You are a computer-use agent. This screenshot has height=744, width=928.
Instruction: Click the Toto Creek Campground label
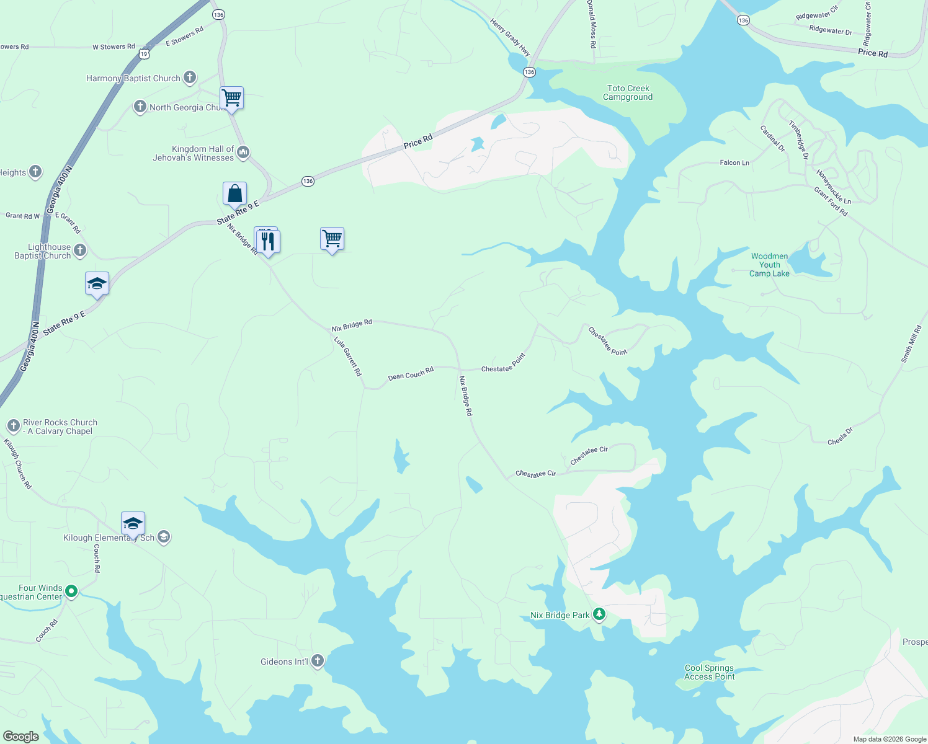click(x=628, y=93)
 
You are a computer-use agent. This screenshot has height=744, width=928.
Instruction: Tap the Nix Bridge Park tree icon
click(x=599, y=614)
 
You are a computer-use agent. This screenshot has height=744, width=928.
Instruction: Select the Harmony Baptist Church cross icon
click(x=190, y=78)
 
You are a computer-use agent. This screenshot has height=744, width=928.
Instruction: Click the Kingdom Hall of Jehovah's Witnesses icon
click(x=243, y=153)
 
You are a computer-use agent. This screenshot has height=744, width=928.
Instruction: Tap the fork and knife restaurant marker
click(x=268, y=241)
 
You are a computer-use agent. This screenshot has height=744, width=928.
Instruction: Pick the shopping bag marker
click(x=234, y=194)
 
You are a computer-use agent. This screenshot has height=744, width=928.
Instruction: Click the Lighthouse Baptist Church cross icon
click(x=80, y=250)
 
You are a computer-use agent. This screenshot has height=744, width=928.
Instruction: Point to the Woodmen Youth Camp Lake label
click(x=769, y=265)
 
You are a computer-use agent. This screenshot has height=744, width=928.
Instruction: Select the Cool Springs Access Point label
click(x=709, y=673)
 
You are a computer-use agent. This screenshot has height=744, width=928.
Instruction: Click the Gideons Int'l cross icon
click(x=318, y=661)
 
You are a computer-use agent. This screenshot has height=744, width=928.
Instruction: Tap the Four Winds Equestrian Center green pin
click(x=71, y=591)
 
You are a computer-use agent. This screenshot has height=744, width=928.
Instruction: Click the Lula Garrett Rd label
click(x=347, y=356)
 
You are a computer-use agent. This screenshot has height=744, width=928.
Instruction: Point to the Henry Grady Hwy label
click(x=510, y=38)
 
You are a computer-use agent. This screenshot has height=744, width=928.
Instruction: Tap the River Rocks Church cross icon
click(x=14, y=426)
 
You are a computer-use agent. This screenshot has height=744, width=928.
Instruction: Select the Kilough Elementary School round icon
click(x=164, y=537)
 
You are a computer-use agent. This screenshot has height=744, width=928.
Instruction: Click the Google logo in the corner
click(x=21, y=737)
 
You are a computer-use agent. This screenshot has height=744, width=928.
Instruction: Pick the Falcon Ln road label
click(x=734, y=163)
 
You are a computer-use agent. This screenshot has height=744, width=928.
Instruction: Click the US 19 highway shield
click(x=144, y=54)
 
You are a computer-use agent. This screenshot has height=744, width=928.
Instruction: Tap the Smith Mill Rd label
click(x=911, y=345)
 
